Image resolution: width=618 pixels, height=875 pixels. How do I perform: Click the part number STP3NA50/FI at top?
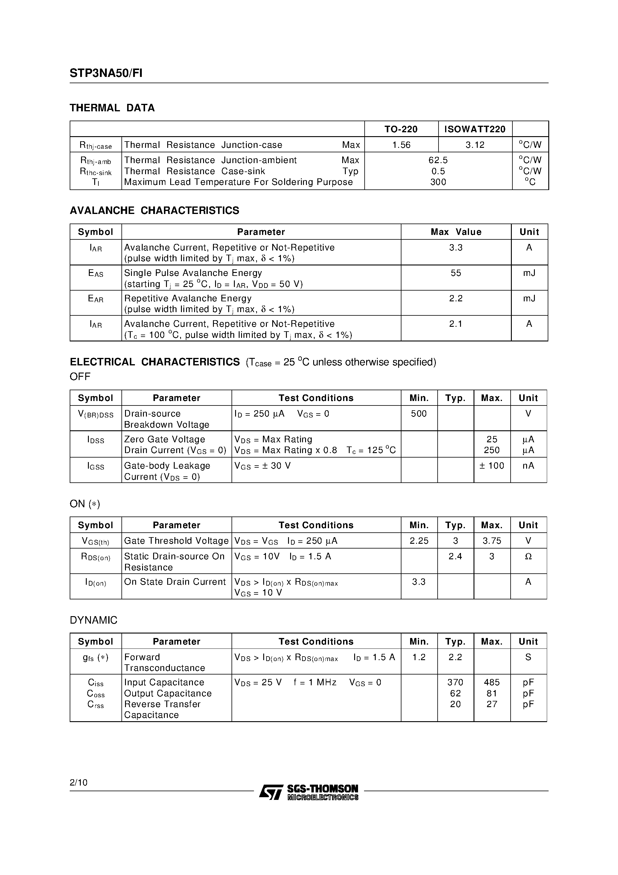pyautogui.click(x=106, y=73)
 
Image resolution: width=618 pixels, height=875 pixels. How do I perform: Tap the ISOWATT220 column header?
pyautogui.click(x=475, y=129)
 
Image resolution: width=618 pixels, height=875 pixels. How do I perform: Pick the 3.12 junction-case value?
pyautogui.click(x=475, y=145)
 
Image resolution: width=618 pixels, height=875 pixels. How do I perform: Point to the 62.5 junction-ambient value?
pyautogui.click(x=438, y=160)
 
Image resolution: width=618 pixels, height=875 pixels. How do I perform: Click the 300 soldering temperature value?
pyautogui.click(x=438, y=182)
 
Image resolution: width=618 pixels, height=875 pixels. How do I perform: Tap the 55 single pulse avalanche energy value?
pyautogui.click(x=456, y=273)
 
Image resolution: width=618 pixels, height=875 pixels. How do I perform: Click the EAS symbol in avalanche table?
pyautogui.click(x=96, y=274)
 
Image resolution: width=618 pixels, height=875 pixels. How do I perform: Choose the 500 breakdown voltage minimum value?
pyautogui.click(x=419, y=414)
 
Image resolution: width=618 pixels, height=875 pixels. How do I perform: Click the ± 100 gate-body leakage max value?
pyautogui.click(x=491, y=466)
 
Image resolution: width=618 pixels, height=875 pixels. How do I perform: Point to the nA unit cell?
pyautogui.click(x=528, y=466)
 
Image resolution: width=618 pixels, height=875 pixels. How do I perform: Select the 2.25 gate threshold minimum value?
pyautogui.click(x=419, y=541)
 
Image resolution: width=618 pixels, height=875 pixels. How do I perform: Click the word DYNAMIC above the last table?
pyautogui.click(x=93, y=620)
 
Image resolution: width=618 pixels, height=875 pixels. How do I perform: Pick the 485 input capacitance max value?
pyautogui.click(x=491, y=683)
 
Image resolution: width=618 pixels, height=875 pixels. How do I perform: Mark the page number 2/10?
pyautogui.click(x=78, y=783)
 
